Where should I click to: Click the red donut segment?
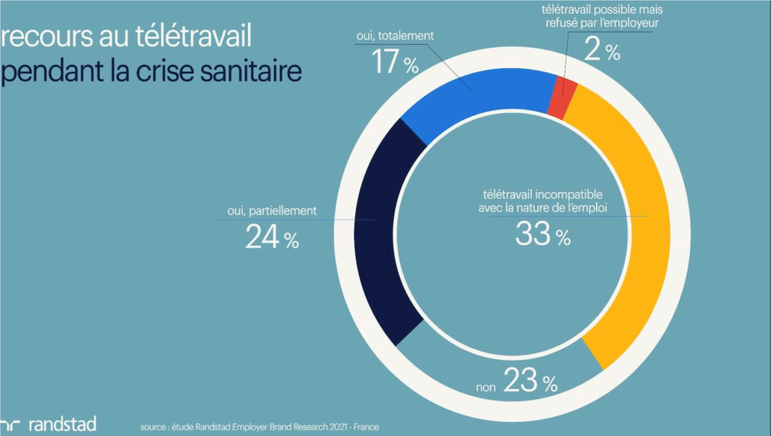(563, 99)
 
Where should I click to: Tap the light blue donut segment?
(476, 102)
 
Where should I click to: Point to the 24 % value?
(272, 237)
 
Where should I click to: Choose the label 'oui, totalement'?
(395, 36)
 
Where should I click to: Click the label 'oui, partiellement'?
(272, 211)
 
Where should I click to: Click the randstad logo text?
(62, 424)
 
